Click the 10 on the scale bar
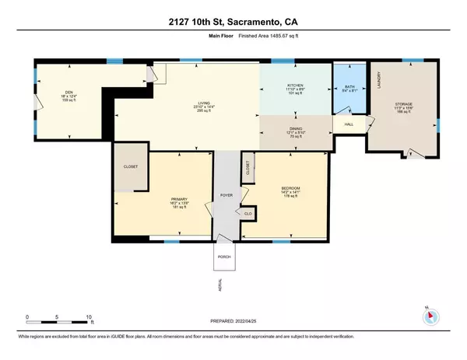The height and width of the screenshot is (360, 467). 89,317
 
